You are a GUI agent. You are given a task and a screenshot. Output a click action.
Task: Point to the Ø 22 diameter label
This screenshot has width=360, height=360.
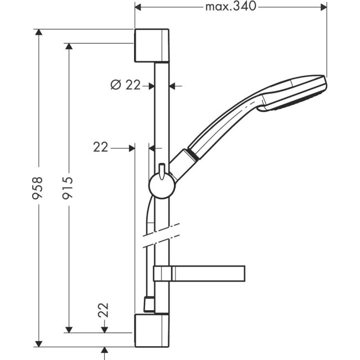(125, 85)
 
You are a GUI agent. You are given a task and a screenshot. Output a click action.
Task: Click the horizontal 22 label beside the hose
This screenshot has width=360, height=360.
(101, 147)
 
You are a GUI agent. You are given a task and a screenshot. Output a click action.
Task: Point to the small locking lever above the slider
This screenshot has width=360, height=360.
(161, 171)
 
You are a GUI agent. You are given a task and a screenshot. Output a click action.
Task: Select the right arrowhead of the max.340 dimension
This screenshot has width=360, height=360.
(322, 7)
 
